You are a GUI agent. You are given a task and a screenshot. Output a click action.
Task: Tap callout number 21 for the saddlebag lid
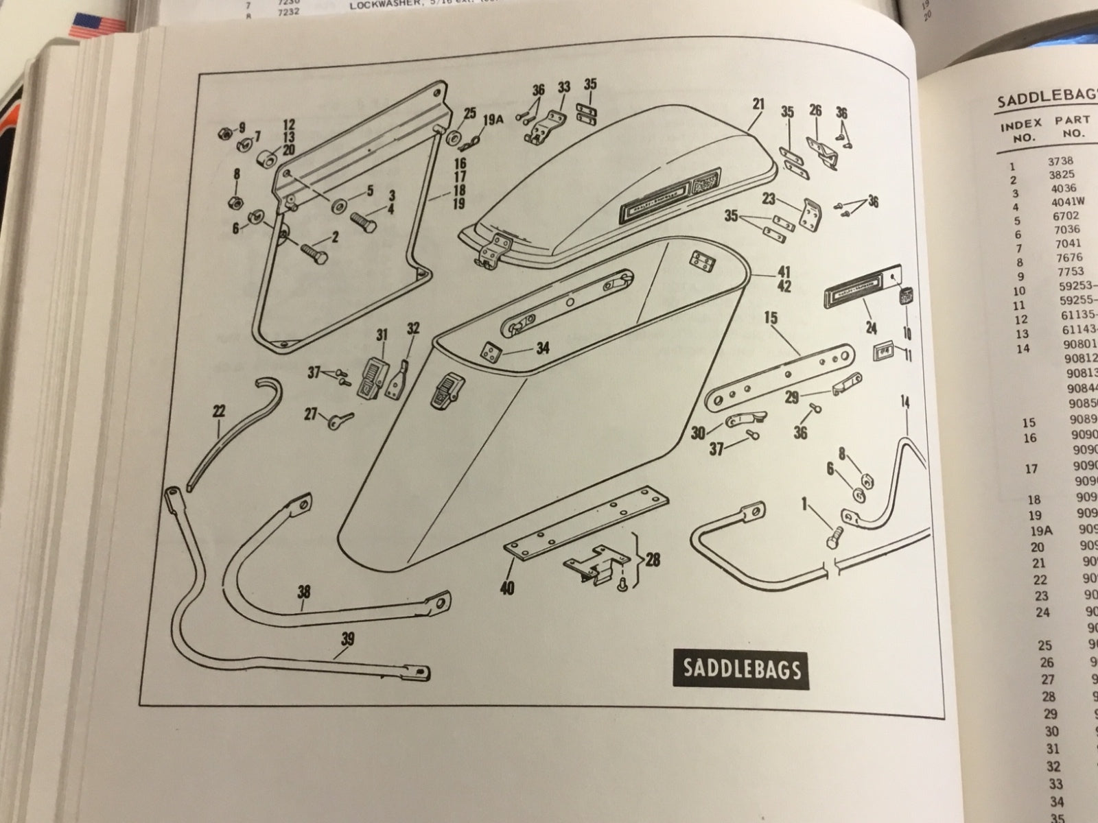758,104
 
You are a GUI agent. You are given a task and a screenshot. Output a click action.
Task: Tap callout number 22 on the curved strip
219,411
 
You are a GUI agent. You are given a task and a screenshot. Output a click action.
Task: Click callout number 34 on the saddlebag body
543,348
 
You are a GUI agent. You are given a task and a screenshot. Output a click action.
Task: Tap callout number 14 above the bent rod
905,402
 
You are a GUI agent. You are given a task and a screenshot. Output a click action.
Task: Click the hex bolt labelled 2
312,253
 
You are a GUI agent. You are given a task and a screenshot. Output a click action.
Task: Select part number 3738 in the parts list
1061,162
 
